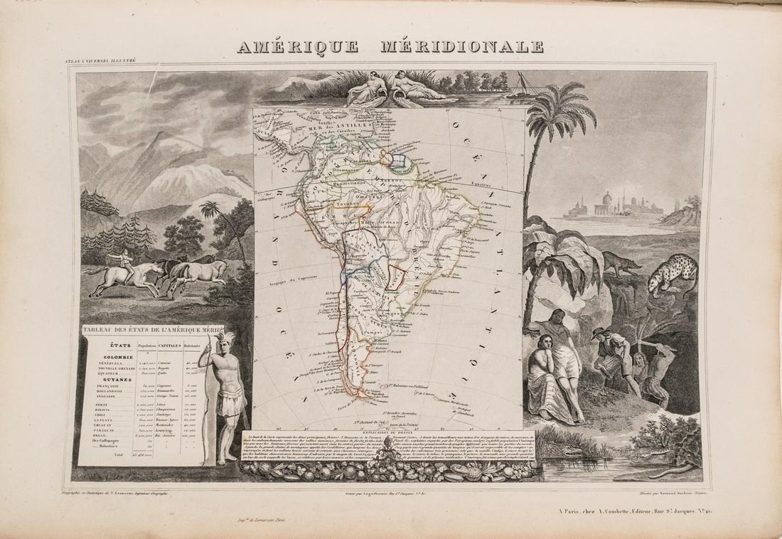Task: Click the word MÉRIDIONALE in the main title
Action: pyautogui.click(x=462, y=47)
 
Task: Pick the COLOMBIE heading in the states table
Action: pyautogui.click(x=109, y=358)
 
